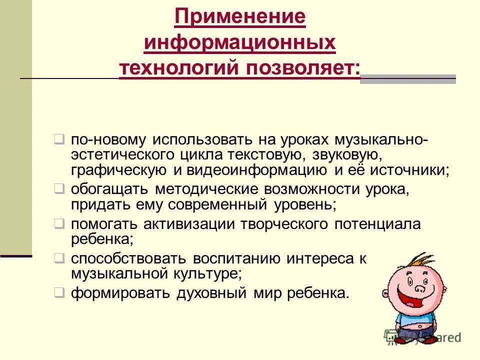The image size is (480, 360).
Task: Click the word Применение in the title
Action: pos(240,17)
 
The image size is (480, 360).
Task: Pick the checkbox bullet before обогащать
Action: pos(59,189)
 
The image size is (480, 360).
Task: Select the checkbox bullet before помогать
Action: pos(59,223)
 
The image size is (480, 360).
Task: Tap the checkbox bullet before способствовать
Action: pos(59,258)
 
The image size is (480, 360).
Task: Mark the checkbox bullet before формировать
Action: pos(59,292)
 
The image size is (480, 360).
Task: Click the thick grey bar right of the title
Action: pos(407,79)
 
